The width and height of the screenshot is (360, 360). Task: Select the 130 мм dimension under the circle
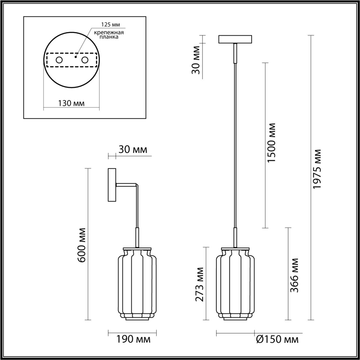tap(71, 103)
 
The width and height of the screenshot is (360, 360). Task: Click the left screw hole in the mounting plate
tap(59, 60)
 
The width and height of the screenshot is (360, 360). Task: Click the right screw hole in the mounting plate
tap(84, 60)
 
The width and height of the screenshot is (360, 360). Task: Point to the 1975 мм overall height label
tap(317, 169)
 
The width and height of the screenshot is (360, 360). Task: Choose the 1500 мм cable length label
tap(271, 143)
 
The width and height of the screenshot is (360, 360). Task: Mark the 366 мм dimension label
tap(294, 275)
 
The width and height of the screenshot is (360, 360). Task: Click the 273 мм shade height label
tap(199, 284)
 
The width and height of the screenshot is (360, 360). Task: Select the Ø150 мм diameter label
tap(277, 339)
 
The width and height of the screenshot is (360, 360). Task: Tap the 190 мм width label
tap(133, 339)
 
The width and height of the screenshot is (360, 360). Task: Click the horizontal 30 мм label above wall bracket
tap(132, 150)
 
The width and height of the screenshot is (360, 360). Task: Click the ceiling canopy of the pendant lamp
tap(235, 39)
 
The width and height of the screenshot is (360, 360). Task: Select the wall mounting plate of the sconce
tap(112, 185)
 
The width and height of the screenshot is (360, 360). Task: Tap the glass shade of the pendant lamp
tap(235, 284)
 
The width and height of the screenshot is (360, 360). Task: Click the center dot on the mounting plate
tap(75, 57)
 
